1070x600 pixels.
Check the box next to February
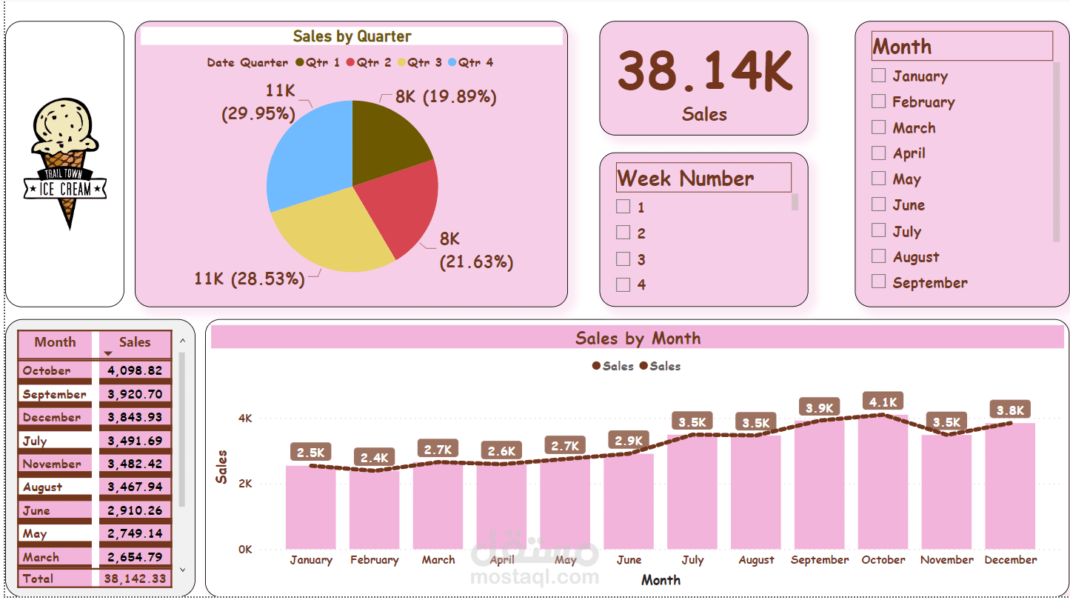pyautogui.click(x=878, y=101)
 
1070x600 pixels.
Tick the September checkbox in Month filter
pyautogui.click(x=878, y=281)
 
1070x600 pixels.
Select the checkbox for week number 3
pyautogui.click(x=623, y=259)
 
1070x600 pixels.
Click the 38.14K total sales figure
pyautogui.click(x=705, y=70)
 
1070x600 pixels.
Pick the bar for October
pyautogui.click(x=883, y=482)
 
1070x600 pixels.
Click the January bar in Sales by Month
pyautogui.click(x=310, y=507)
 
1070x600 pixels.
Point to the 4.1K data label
pyautogui.click(x=883, y=401)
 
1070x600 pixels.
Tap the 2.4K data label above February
pyautogui.click(x=374, y=458)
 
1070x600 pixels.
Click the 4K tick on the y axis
pyautogui.click(x=245, y=419)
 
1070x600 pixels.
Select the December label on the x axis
pyautogui.click(x=1010, y=560)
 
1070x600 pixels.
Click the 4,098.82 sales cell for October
pyautogui.click(x=135, y=370)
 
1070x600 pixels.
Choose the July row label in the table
pyautogui.click(x=35, y=441)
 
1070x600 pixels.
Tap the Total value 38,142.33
pyautogui.click(x=135, y=579)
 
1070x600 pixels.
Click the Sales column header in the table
pyautogui.click(x=135, y=342)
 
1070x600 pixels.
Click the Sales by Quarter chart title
pyautogui.click(x=352, y=36)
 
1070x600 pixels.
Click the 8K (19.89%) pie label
pyautogui.click(x=446, y=96)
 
